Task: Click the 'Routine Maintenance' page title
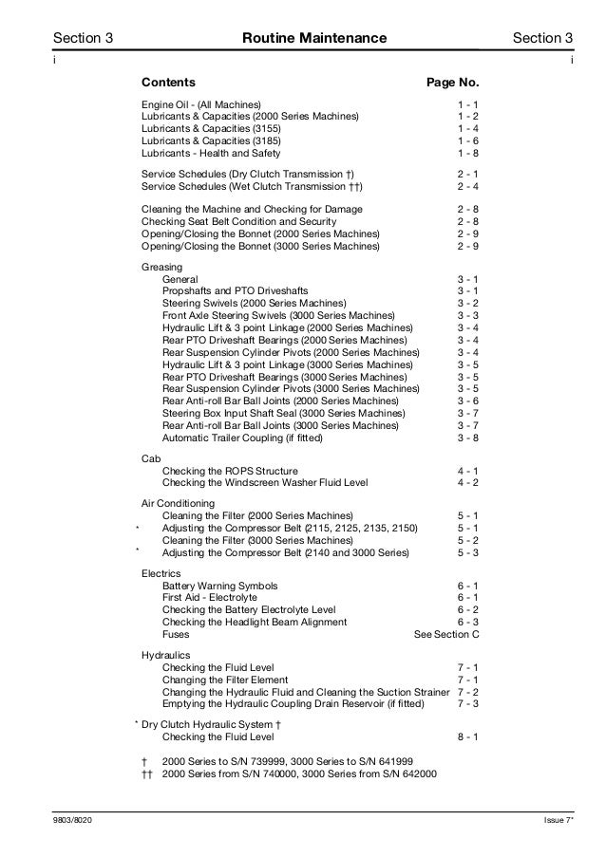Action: click(x=314, y=39)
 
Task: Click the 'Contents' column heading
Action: click(x=169, y=83)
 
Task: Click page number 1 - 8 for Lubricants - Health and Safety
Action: click(x=467, y=153)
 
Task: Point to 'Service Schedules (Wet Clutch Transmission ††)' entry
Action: click(x=252, y=187)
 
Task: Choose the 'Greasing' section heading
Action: click(x=161, y=268)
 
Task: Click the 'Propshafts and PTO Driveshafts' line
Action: click(x=235, y=290)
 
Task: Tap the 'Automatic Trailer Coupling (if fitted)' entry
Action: click(x=242, y=438)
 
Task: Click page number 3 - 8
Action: click(x=467, y=438)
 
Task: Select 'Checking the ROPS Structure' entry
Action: click(x=230, y=471)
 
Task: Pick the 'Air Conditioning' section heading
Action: click(x=178, y=503)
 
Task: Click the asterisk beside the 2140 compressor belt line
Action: click(x=138, y=550)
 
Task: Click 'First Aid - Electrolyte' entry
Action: click(x=210, y=598)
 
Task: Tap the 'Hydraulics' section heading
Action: click(x=165, y=656)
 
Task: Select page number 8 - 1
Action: click(x=467, y=736)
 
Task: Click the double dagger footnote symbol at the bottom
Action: click(x=145, y=773)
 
